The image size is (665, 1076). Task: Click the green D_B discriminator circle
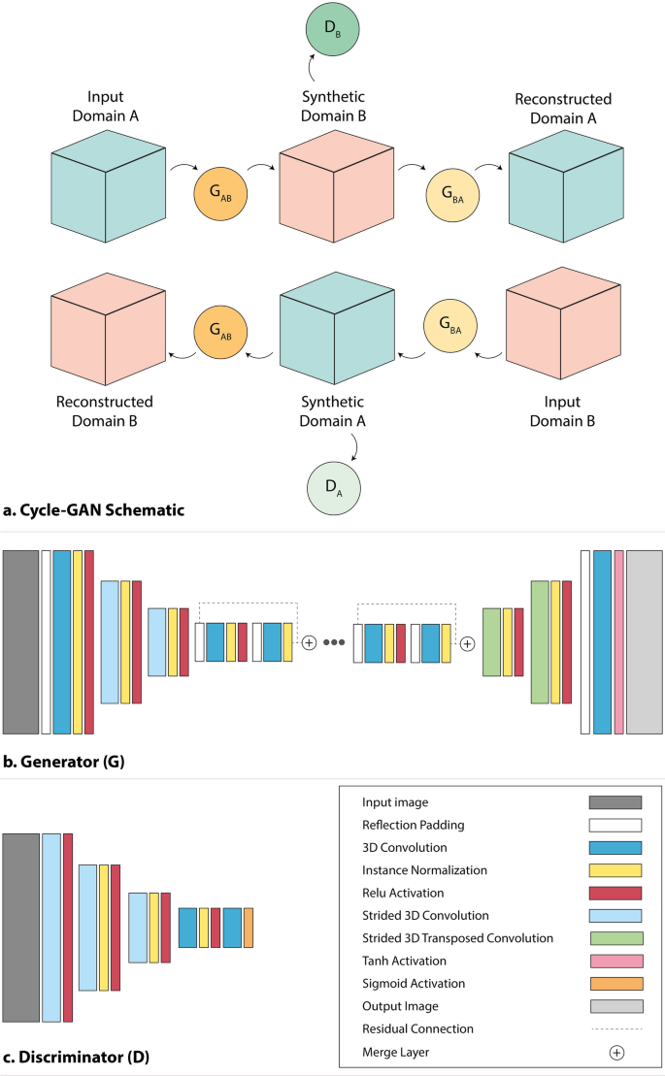pos(332,31)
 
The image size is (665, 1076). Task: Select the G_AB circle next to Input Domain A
pos(221,187)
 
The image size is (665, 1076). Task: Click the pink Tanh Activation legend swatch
pos(615,961)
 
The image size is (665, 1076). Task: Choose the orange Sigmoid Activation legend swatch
pos(615,983)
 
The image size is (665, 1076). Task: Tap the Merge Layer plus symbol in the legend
pos(615,1051)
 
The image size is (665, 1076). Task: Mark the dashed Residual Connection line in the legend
pos(615,1028)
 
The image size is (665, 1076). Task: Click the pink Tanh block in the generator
pos(619,641)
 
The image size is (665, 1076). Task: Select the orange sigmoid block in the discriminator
pos(249,927)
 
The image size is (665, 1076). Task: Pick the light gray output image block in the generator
pos(644,641)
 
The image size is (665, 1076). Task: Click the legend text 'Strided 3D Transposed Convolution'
pos(457,938)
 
